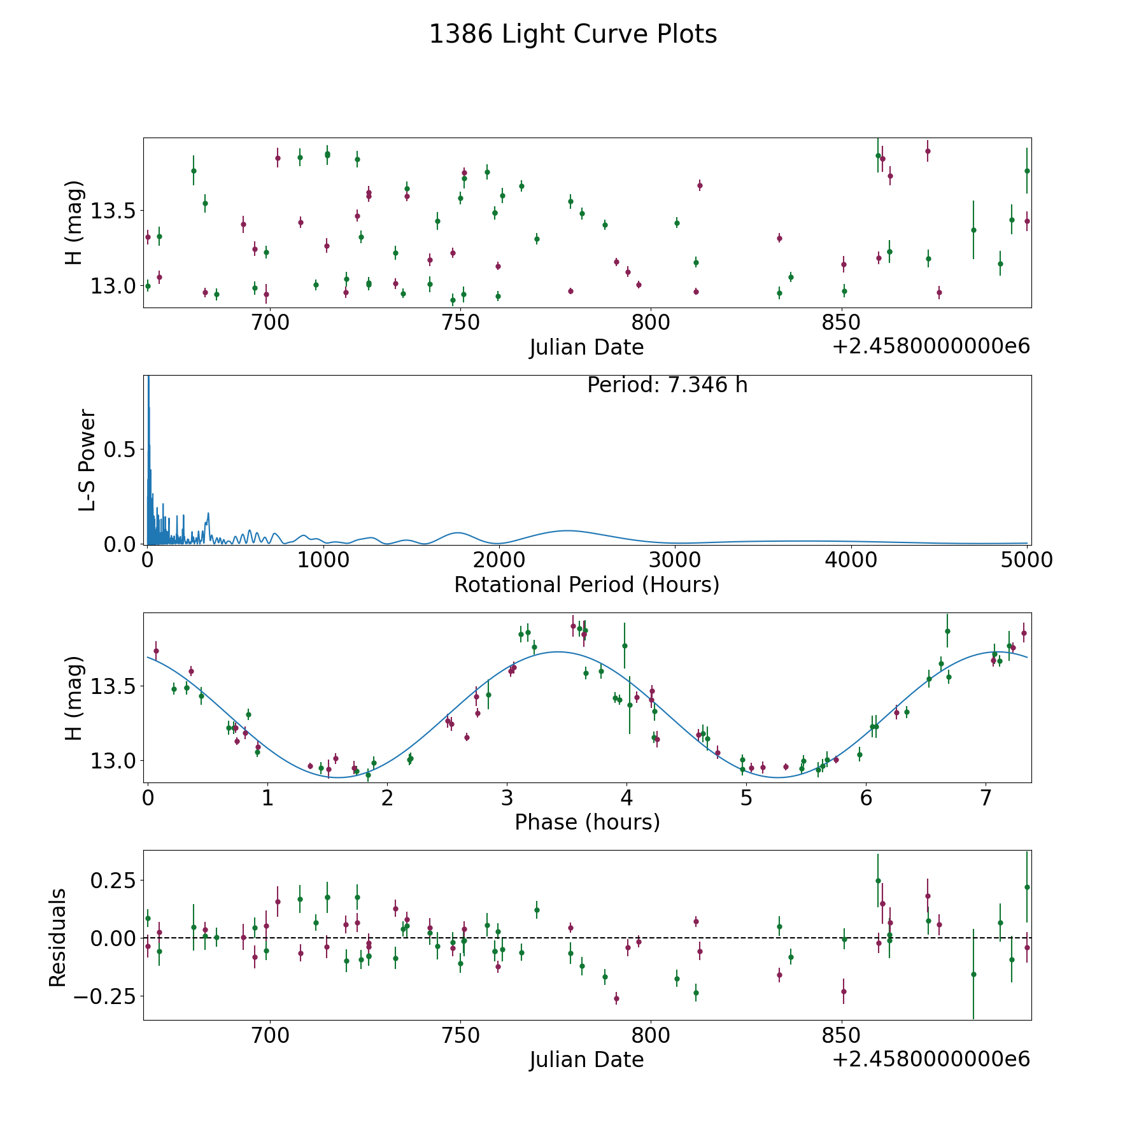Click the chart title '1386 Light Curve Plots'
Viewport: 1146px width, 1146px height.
tap(573, 35)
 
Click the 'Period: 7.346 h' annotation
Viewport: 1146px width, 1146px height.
tap(667, 385)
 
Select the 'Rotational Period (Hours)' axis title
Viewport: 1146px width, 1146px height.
tap(586, 584)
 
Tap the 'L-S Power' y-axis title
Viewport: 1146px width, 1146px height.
tap(87, 460)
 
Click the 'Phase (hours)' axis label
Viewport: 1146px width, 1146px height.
tap(587, 822)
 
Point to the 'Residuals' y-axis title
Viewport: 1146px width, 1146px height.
tap(58, 937)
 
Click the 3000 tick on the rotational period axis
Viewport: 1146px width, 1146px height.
tap(675, 560)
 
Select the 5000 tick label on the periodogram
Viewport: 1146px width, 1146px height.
tap(1026, 560)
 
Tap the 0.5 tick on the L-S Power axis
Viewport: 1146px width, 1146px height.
tap(119, 450)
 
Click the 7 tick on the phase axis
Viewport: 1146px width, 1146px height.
tap(986, 797)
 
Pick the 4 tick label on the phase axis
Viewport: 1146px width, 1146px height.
tap(626, 797)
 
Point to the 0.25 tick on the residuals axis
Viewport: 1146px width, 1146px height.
tap(113, 881)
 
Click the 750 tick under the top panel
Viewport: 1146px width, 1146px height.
tap(460, 323)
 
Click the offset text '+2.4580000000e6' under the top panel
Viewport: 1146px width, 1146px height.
tap(931, 346)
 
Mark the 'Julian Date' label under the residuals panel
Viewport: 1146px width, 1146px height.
tap(586, 1060)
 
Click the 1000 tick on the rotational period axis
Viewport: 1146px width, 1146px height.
tap(323, 560)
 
